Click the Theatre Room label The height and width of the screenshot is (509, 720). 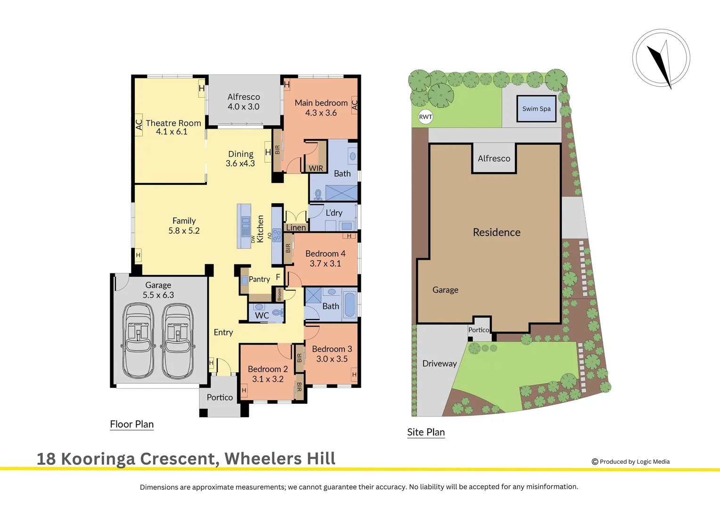173,123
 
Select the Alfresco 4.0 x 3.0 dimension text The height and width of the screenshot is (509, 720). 244,107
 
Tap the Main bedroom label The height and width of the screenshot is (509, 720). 321,103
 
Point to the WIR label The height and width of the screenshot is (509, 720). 316,168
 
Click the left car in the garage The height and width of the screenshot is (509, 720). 138,340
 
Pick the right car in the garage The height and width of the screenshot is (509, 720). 178,340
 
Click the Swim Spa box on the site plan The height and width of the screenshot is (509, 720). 536,109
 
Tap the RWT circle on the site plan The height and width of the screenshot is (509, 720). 425,117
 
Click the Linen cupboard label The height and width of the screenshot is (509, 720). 296,228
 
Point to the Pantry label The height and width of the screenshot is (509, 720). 259,279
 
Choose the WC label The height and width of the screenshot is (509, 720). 262,315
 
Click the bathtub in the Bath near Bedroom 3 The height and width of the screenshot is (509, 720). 349,305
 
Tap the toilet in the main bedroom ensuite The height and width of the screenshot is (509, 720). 318,194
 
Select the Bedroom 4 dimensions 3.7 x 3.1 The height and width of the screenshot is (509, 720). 325,264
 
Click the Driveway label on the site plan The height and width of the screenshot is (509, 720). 439,363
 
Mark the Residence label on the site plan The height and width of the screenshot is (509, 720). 497,232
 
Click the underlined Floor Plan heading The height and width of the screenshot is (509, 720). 132,424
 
